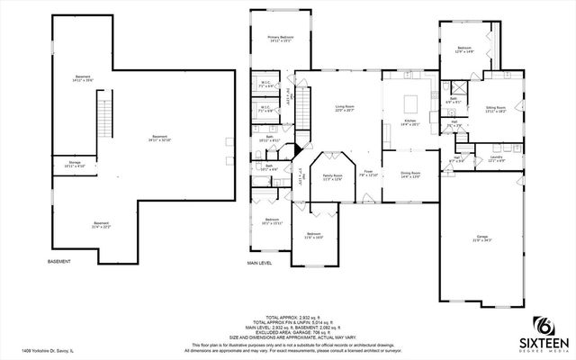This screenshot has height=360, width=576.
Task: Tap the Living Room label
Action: (x=344, y=108)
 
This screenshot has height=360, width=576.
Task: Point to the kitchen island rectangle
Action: (x=411, y=99)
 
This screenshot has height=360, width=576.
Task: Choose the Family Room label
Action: (x=333, y=177)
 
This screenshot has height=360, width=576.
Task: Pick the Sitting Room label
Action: (x=496, y=108)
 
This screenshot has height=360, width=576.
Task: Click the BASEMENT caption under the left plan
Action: (x=59, y=262)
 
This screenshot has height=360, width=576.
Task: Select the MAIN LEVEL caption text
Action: (x=260, y=263)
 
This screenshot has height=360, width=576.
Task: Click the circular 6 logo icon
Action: (x=543, y=323)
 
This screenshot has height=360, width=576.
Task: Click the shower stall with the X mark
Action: (x=456, y=88)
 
